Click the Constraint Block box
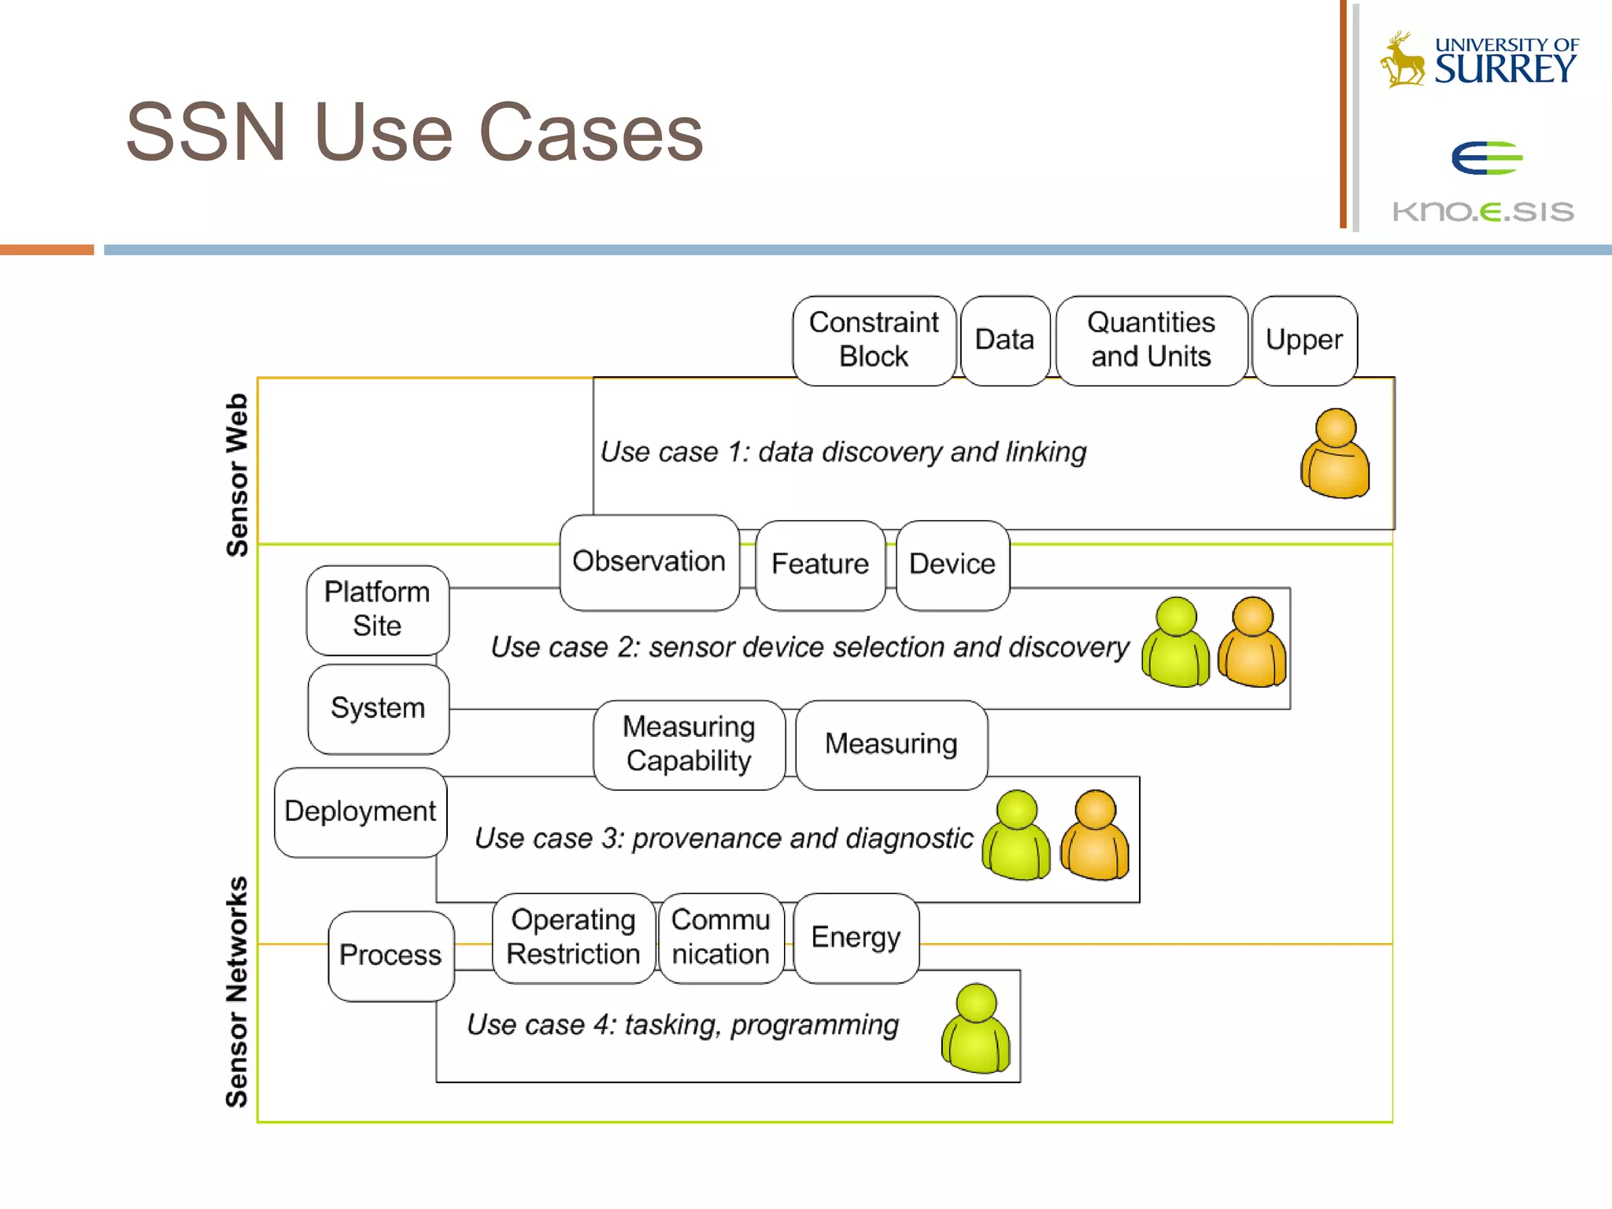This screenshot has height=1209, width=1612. pyautogui.click(x=874, y=340)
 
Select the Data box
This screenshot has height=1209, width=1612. pyautogui.click(x=1004, y=340)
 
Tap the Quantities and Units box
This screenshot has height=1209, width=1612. pyautogui.click(x=1151, y=340)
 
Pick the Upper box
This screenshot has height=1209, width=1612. pyautogui.click(x=1304, y=340)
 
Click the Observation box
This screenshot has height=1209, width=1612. pyautogui.click(x=649, y=562)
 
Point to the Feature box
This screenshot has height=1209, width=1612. pyautogui.click(x=819, y=564)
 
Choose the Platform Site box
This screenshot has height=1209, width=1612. pyautogui.click(x=377, y=609)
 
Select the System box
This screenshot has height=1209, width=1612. pyautogui.click(x=378, y=708)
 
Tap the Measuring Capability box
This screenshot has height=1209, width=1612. pyautogui.click(x=689, y=744)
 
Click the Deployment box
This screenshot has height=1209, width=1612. pyautogui.click(x=360, y=812)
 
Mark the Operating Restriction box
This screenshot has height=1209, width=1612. pyautogui.click(x=573, y=937)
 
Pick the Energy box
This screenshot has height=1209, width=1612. pyautogui.click(x=856, y=937)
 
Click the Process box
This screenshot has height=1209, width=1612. pyautogui.click(x=390, y=956)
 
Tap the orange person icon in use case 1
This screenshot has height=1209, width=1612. pyautogui.click(x=1335, y=455)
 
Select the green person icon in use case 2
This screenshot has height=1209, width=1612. pyautogui.click(x=1175, y=642)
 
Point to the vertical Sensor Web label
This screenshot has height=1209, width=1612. pyautogui.click(x=237, y=475)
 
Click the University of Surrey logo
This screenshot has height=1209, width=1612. pyautogui.click(x=1480, y=60)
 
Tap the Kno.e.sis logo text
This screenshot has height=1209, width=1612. pyautogui.click(x=1483, y=211)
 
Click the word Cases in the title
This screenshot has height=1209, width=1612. pyautogui.click(x=590, y=133)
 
